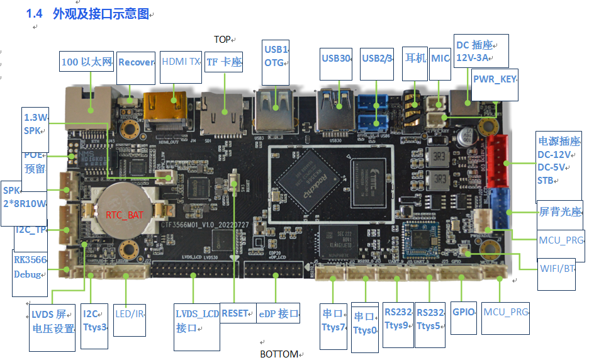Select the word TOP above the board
tap(222, 40)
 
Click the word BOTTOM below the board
tap(279, 354)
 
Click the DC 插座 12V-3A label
tap(481, 51)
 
